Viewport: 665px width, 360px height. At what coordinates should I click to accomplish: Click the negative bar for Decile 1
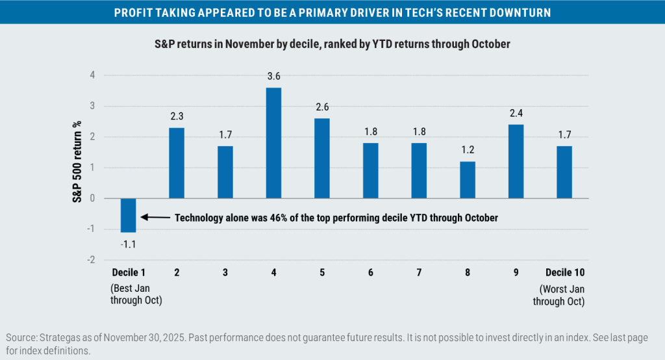click(128, 215)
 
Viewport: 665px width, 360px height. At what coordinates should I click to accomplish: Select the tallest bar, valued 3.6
click(273, 143)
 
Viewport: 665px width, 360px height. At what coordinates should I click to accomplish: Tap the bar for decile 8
click(467, 180)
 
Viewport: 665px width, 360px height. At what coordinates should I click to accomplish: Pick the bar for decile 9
click(515, 161)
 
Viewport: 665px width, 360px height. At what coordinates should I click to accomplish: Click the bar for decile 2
click(177, 163)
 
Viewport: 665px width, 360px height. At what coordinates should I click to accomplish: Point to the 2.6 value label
click(322, 107)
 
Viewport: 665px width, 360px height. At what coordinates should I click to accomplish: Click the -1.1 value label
click(128, 244)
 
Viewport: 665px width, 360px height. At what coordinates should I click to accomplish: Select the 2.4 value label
click(516, 113)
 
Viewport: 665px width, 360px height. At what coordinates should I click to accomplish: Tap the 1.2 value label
click(467, 150)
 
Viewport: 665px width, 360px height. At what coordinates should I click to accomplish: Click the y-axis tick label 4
click(92, 75)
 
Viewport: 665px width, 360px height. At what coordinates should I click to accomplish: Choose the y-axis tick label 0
click(92, 198)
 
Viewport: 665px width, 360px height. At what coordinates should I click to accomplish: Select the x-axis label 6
click(370, 272)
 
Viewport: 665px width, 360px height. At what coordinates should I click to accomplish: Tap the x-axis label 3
click(225, 272)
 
